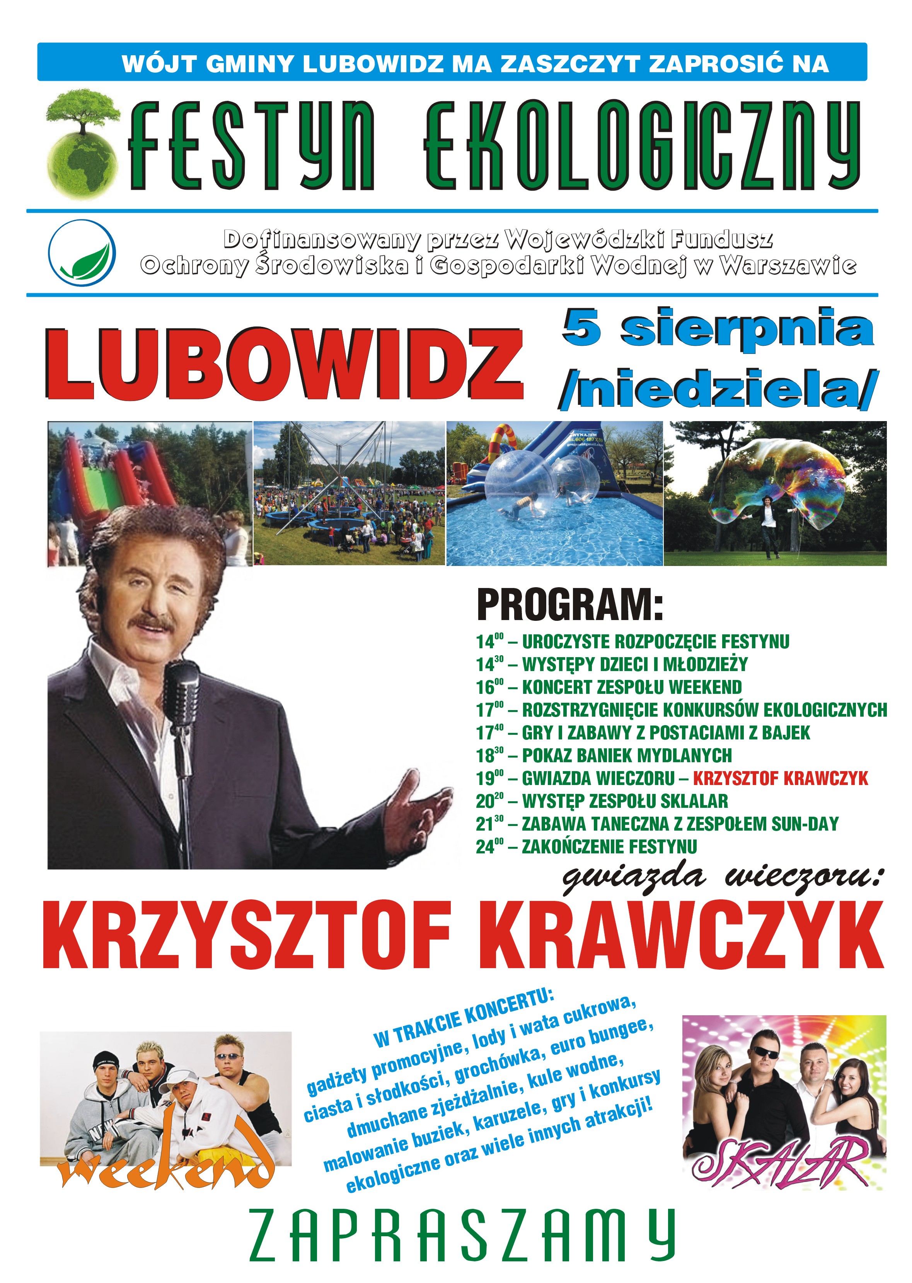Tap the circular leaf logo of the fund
(x=82, y=253)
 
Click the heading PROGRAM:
(x=569, y=605)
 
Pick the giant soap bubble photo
(x=775, y=494)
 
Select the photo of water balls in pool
(x=554, y=494)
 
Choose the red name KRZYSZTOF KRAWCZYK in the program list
(x=780, y=778)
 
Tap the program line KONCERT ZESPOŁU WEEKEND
(x=632, y=687)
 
